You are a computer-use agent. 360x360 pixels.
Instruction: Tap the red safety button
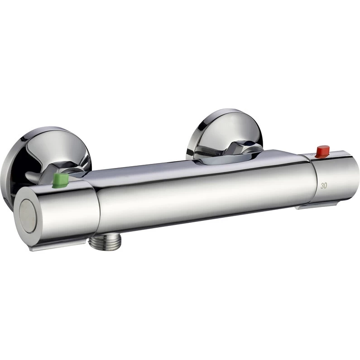(323, 151)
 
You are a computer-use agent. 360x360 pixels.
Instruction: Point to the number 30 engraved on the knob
(324, 186)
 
